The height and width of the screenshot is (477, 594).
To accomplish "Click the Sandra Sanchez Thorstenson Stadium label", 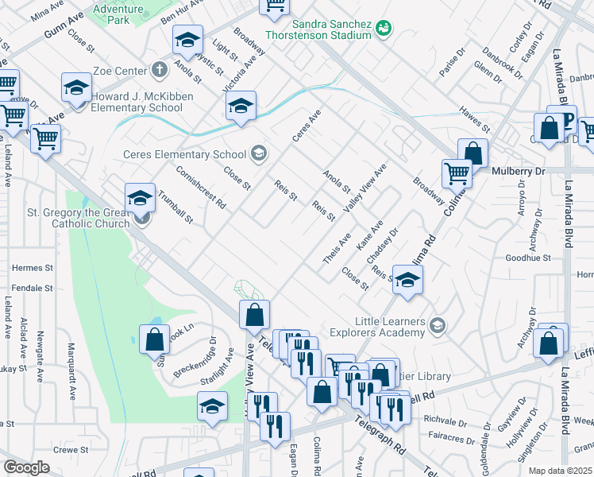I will click(x=331, y=29).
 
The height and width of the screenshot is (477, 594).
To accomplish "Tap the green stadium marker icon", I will click(x=384, y=29).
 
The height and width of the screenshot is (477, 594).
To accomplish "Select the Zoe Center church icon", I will click(x=160, y=70).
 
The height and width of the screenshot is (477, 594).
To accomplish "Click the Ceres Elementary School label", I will click(x=186, y=154).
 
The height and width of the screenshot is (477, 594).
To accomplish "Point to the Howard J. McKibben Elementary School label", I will click(x=137, y=103).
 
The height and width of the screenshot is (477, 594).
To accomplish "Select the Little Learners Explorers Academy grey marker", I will click(x=437, y=324).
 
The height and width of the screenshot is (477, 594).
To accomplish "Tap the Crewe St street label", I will click(x=71, y=449).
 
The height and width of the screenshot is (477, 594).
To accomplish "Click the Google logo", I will click(x=26, y=467).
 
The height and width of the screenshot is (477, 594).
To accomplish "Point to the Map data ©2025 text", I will click(x=561, y=471).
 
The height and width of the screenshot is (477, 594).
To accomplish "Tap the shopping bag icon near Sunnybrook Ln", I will click(x=154, y=339).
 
